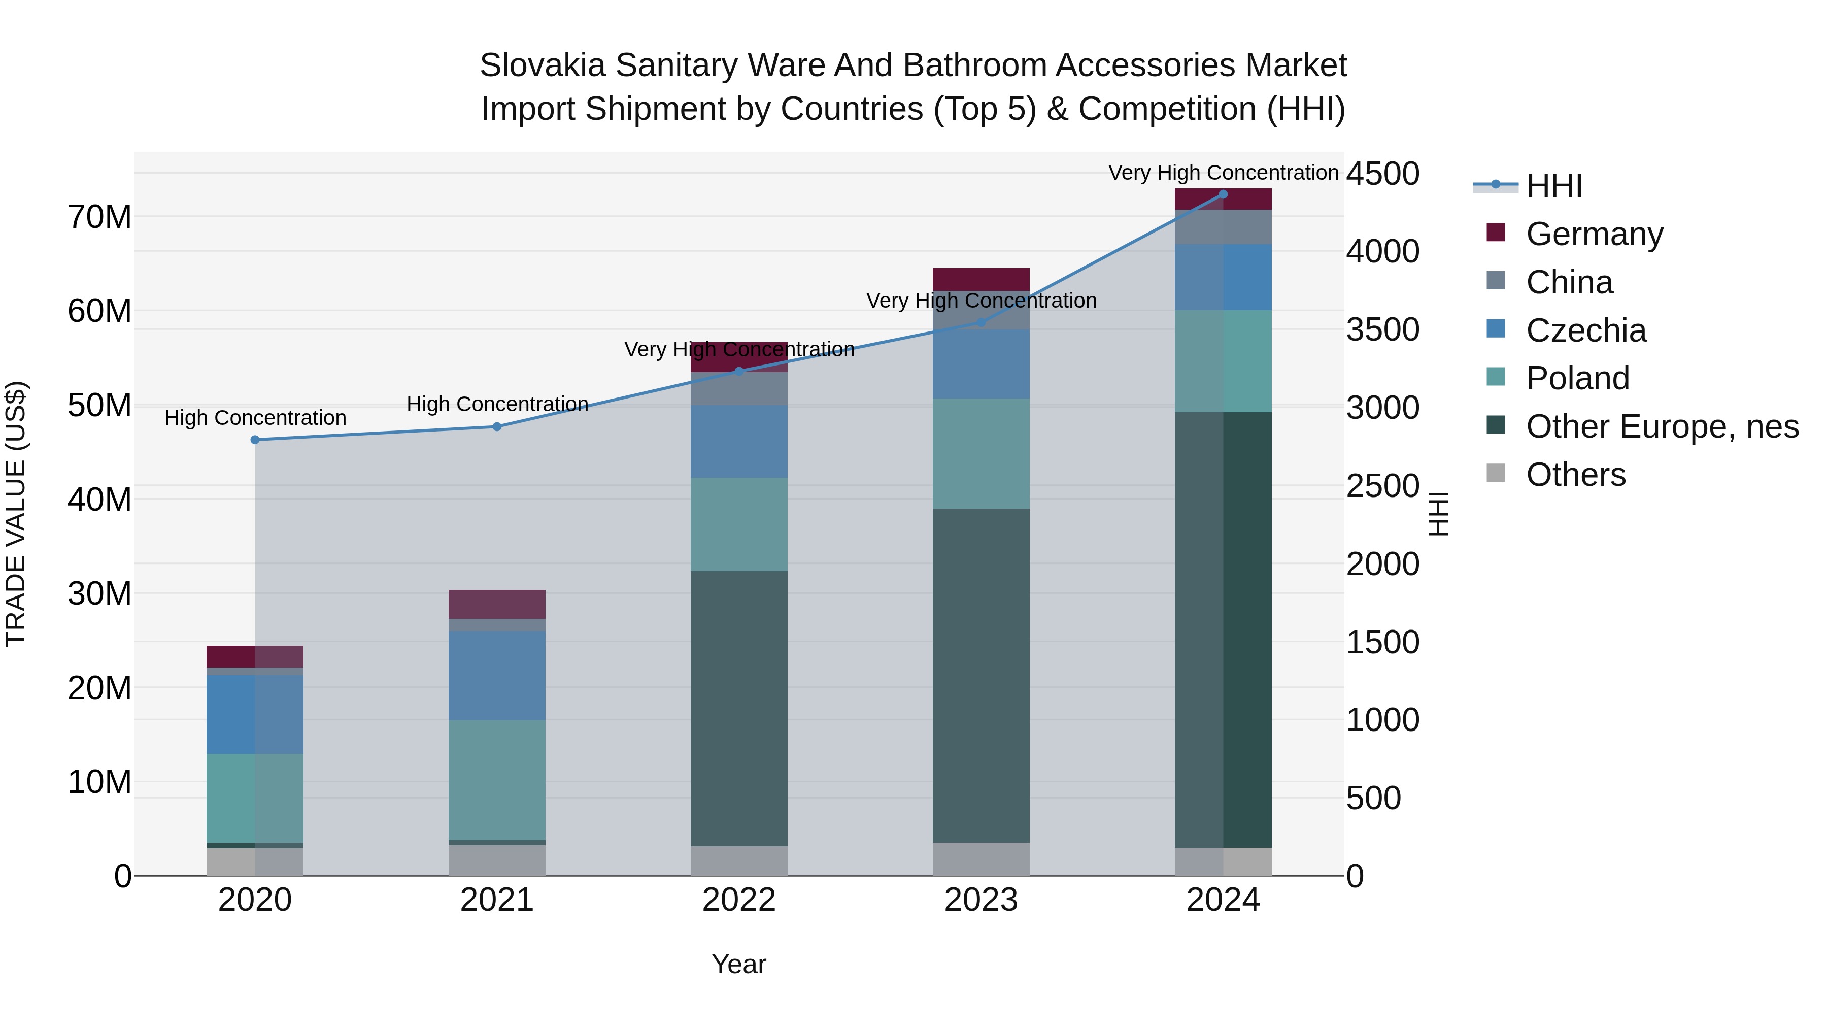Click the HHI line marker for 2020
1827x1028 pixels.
tap(255, 440)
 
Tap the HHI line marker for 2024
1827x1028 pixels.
tap(1223, 194)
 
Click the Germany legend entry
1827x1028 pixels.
tap(1594, 234)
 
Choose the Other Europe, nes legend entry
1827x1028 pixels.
tap(1662, 427)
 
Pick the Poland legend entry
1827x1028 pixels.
tap(1577, 378)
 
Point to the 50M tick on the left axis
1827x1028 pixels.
tap(99, 406)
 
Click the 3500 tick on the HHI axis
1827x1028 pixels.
tap(1382, 330)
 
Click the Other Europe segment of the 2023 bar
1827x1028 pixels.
tap(981, 674)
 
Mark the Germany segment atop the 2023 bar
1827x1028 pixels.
tap(981, 279)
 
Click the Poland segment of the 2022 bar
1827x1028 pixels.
tap(738, 524)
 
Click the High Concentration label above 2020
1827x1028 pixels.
tap(255, 418)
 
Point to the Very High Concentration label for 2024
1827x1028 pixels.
tap(1223, 173)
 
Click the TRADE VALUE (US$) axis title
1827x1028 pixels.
tap(16, 514)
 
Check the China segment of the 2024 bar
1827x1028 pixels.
tap(1223, 227)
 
